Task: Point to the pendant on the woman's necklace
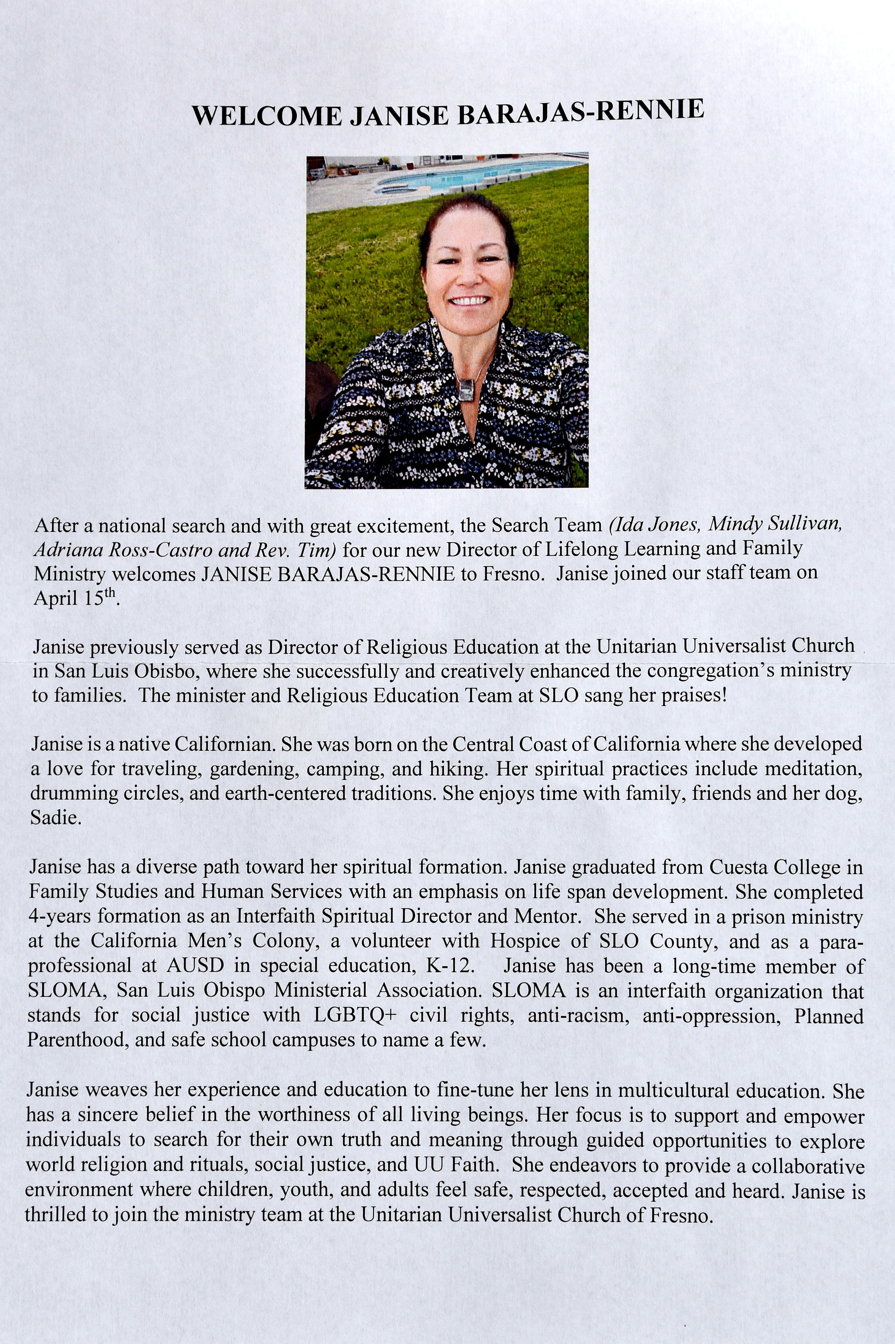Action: (x=466, y=389)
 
